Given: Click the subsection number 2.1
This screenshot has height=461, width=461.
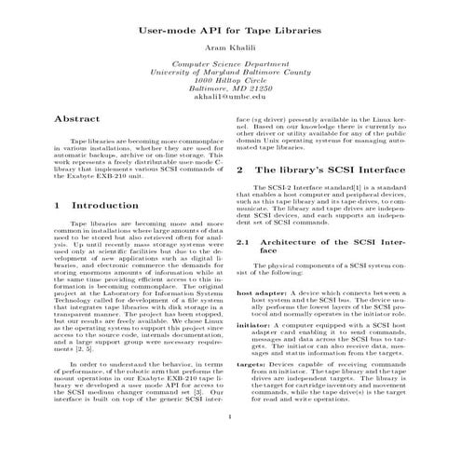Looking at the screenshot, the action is coord(245,242).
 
